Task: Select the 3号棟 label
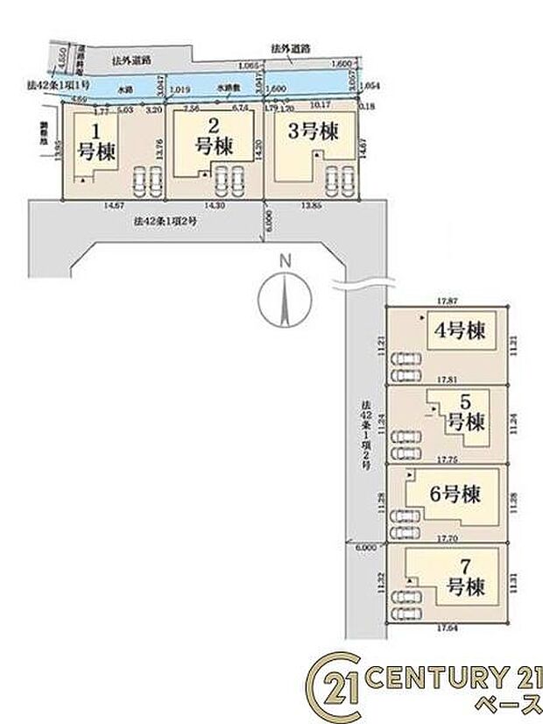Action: (x=313, y=132)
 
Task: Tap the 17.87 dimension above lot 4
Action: (x=448, y=301)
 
